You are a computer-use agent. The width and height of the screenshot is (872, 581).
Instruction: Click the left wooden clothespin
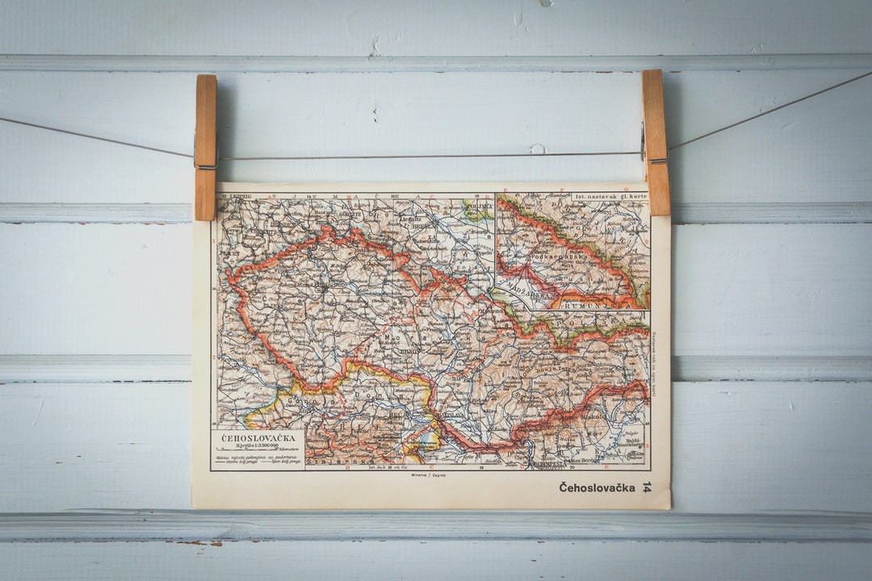click(206, 147)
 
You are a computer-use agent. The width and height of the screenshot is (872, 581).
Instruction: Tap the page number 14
click(646, 487)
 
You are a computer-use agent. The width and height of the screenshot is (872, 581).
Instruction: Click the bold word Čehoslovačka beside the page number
click(597, 487)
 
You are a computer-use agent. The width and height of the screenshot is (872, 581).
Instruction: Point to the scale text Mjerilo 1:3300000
click(258, 446)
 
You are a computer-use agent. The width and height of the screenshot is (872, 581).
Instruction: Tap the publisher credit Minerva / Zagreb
click(429, 475)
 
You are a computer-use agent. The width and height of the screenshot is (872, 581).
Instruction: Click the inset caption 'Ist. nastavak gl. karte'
click(610, 196)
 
